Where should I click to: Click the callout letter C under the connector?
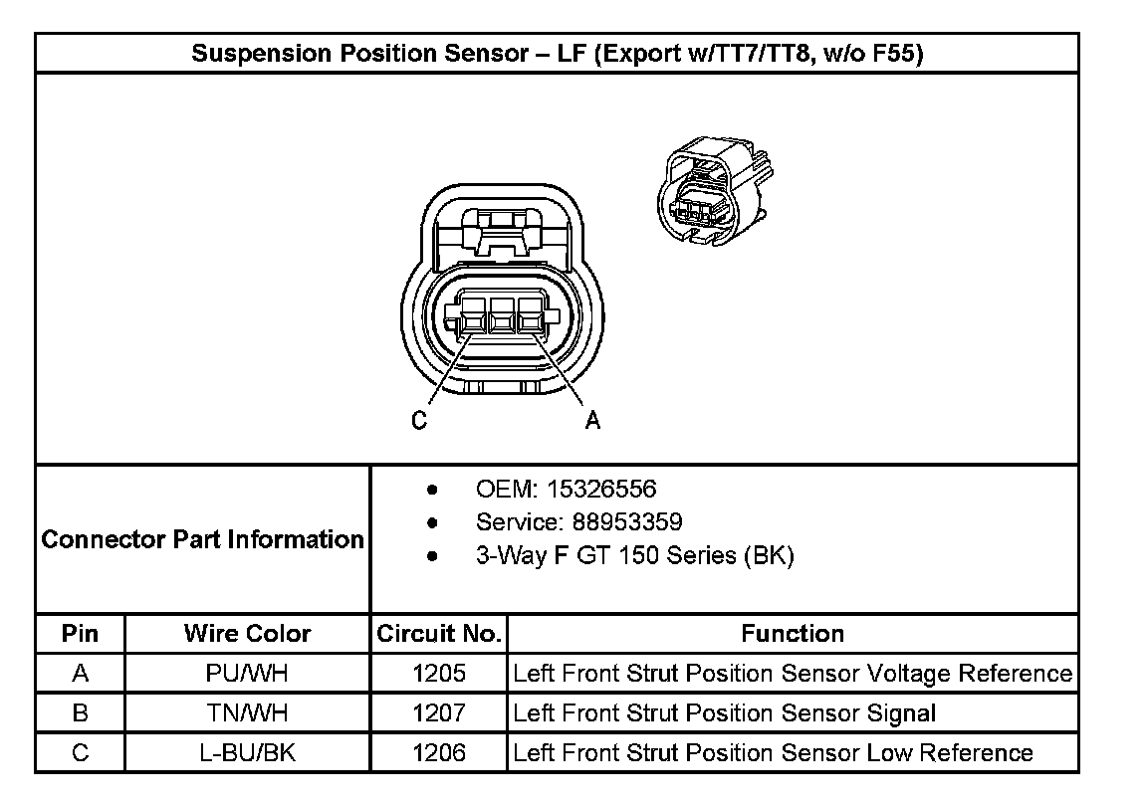click(419, 421)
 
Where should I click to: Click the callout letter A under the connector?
click(592, 421)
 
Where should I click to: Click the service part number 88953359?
click(633, 522)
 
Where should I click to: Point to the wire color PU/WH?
click(247, 674)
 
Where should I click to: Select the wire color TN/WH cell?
click(247, 713)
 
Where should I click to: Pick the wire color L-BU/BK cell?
click(247, 753)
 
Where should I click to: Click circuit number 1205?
click(439, 674)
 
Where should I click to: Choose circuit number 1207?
click(439, 713)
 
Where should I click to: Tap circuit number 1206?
click(439, 753)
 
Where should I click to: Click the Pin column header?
click(80, 634)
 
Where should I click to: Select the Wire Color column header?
click(247, 634)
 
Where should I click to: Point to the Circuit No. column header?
click(439, 634)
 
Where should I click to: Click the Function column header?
click(793, 634)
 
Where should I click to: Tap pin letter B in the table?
click(81, 713)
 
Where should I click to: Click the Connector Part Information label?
click(203, 539)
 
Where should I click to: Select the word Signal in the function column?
click(899, 713)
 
